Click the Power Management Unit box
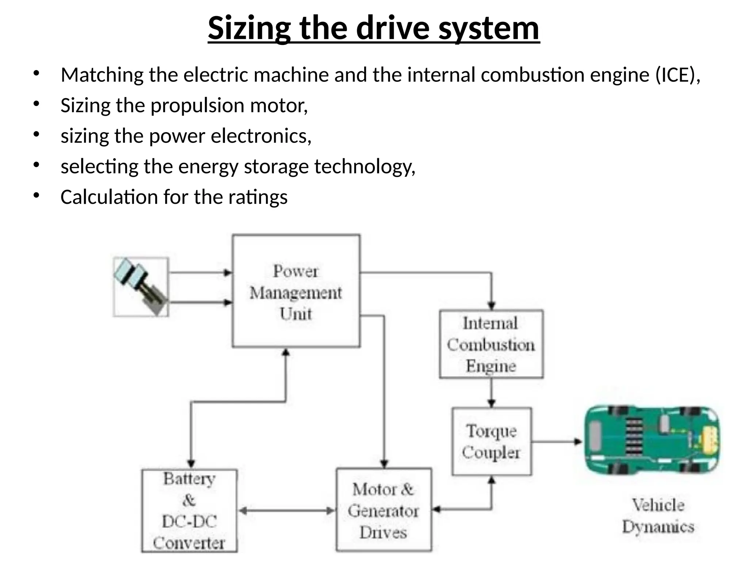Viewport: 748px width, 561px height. pyautogui.click(x=296, y=291)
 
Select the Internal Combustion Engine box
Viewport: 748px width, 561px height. pyautogui.click(x=491, y=344)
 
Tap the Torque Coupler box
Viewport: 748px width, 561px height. pyautogui.click(x=492, y=441)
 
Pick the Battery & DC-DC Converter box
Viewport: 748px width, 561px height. pyautogui.click(x=189, y=511)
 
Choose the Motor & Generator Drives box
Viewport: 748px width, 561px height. pyautogui.click(x=383, y=510)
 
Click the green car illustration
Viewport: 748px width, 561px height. pyautogui.click(x=652, y=440)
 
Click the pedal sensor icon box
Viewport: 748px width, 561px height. pyautogui.click(x=141, y=287)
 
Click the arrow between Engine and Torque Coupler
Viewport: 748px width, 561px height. pyautogui.click(x=492, y=393)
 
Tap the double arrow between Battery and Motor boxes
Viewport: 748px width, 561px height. pyautogui.click(x=287, y=511)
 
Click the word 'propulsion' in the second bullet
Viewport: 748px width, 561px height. pyautogui.click(x=197, y=106)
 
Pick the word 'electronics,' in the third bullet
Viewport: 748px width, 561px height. pyautogui.click(x=261, y=136)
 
